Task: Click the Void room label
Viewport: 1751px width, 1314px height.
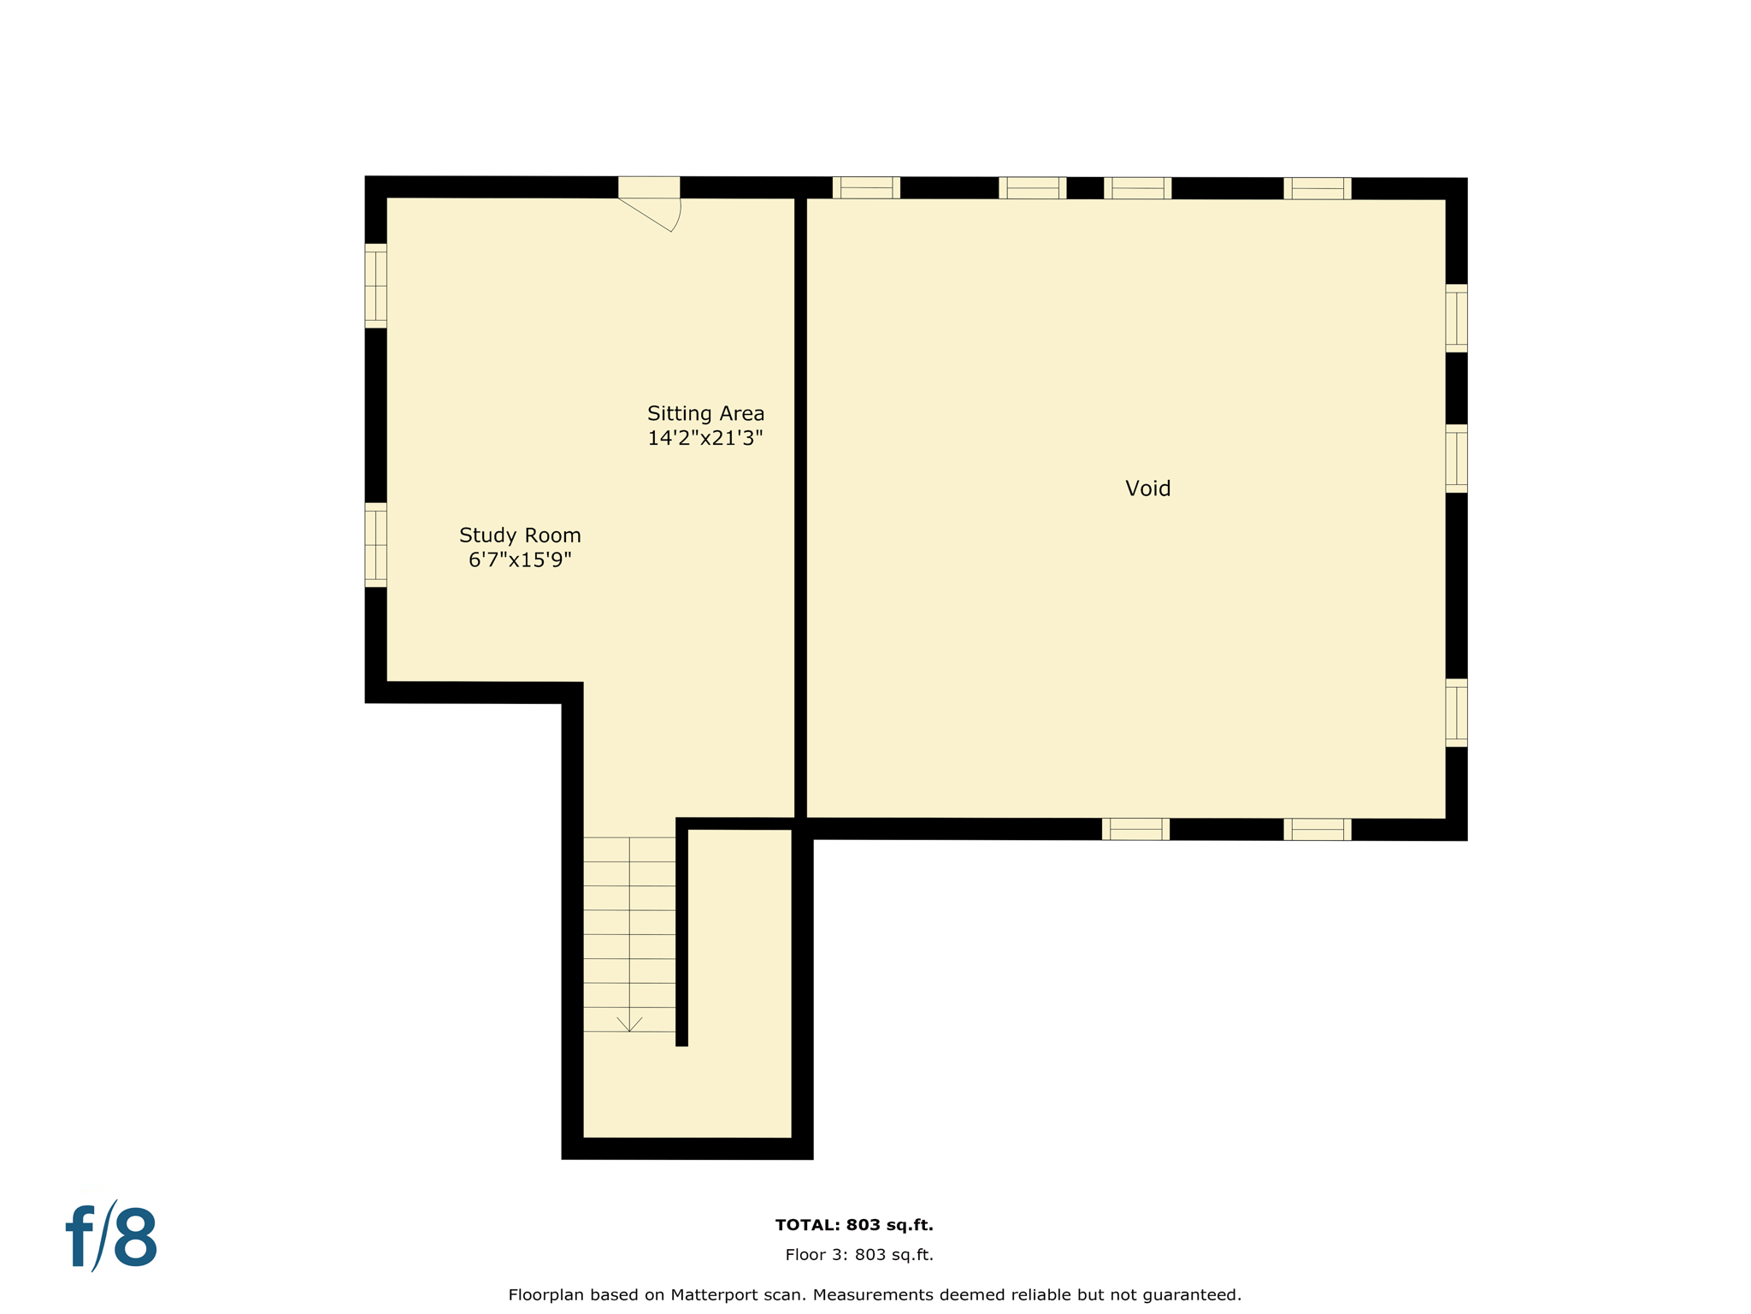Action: pyautogui.click(x=1147, y=488)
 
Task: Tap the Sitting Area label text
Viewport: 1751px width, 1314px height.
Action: pyautogui.click(x=705, y=413)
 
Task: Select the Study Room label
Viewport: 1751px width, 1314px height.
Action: pyautogui.click(x=520, y=536)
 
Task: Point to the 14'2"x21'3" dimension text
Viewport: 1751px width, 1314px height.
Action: pyautogui.click(x=705, y=438)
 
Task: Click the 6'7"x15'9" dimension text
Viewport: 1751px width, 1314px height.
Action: pyautogui.click(x=520, y=560)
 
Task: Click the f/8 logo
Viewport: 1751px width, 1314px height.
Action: pyautogui.click(x=112, y=1237)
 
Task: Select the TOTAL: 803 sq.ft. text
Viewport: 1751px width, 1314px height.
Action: pyautogui.click(x=854, y=1225)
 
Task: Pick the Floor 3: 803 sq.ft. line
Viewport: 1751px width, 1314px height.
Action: pyautogui.click(x=859, y=1255)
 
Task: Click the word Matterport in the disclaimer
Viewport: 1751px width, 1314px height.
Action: pyautogui.click(x=715, y=1295)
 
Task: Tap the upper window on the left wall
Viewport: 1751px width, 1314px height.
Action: pyautogui.click(x=376, y=286)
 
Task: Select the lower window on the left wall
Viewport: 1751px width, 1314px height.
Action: pyautogui.click(x=376, y=545)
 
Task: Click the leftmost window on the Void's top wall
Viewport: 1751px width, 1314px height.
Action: pyautogui.click(x=866, y=187)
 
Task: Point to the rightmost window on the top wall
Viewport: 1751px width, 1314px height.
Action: pyautogui.click(x=1317, y=188)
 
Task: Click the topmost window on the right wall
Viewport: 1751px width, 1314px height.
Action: pyautogui.click(x=1456, y=318)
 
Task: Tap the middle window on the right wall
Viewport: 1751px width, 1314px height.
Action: pyautogui.click(x=1456, y=459)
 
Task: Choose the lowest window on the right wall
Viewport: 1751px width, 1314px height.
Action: pyautogui.click(x=1456, y=713)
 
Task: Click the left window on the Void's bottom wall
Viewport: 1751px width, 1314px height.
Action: pyautogui.click(x=1135, y=829)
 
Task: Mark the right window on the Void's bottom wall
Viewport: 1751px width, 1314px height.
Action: pyautogui.click(x=1317, y=829)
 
